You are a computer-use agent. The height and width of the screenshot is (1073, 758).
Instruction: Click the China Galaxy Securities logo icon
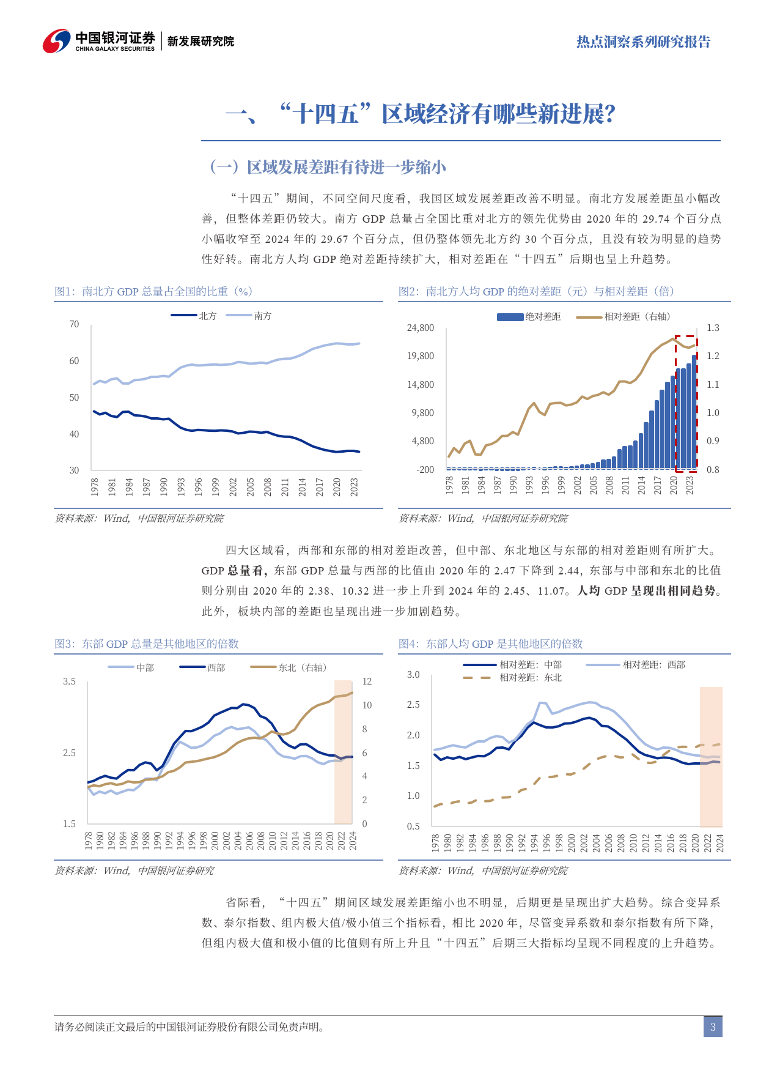tap(56, 41)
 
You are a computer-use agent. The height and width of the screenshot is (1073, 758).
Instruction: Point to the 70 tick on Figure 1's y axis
tap(74, 324)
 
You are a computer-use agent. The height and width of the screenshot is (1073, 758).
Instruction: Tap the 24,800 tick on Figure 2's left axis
tap(421, 328)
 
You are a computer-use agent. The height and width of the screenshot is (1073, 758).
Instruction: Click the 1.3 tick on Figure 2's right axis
tap(713, 328)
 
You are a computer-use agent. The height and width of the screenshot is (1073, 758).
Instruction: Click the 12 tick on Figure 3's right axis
tap(367, 681)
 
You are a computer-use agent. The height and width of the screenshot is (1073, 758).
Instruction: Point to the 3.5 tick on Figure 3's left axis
tap(69, 681)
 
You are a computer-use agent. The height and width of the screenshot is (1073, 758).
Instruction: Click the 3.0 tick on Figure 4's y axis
tap(413, 675)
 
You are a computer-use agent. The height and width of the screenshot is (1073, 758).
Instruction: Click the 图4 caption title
tap(490, 644)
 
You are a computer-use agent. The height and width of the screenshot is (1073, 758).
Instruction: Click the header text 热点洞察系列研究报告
tap(643, 42)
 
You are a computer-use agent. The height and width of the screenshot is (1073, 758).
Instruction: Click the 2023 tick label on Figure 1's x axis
tap(354, 486)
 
